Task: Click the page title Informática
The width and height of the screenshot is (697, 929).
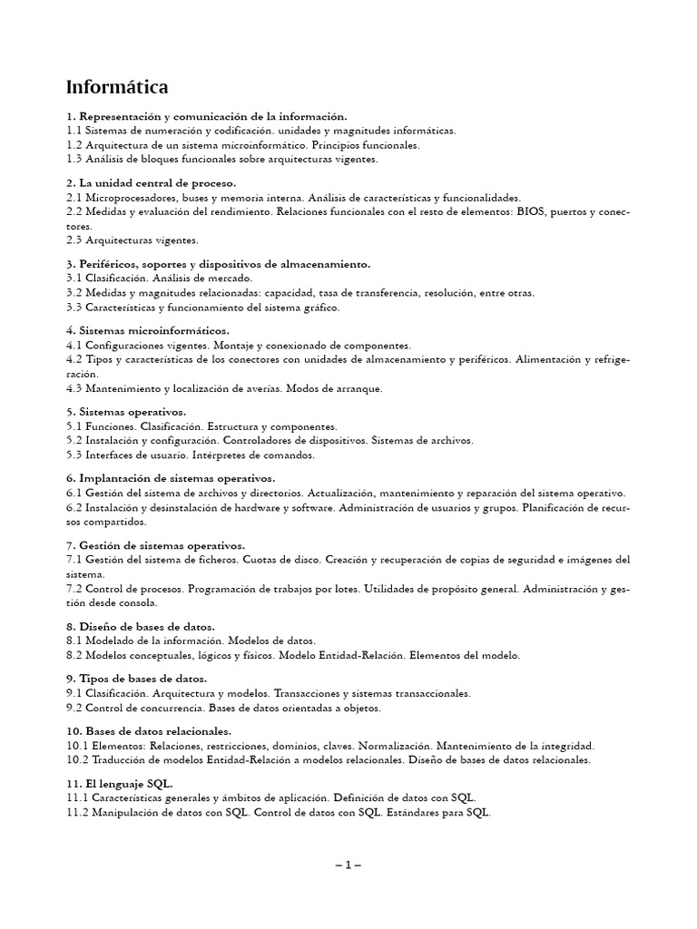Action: (117, 88)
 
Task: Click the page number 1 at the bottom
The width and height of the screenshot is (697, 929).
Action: (348, 865)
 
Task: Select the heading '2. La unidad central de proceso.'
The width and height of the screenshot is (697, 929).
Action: (152, 183)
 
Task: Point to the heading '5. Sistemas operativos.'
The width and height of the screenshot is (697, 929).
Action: (126, 412)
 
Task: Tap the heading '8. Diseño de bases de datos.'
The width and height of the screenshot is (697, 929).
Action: (141, 626)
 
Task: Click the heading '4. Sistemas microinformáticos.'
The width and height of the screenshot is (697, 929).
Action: (148, 330)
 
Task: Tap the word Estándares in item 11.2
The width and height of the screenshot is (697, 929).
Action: (416, 812)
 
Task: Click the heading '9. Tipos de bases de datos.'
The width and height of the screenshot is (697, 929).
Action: (137, 679)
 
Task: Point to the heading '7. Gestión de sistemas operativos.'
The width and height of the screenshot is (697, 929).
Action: (156, 545)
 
